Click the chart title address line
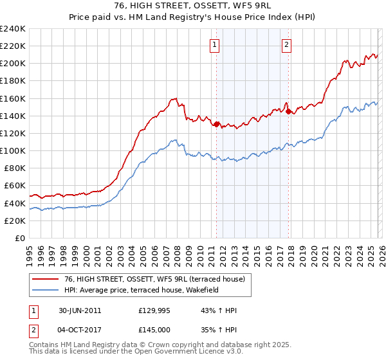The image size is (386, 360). [193, 6]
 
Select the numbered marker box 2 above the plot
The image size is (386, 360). [286, 44]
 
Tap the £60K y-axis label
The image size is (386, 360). [15, 186]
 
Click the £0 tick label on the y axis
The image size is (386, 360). [21, 238]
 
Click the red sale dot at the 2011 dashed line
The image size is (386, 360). [217, 124]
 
